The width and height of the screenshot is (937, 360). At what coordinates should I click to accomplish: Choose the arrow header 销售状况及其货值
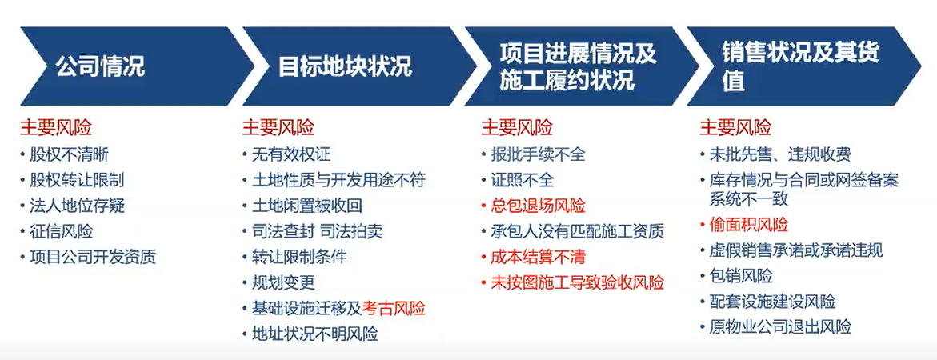(801, 66)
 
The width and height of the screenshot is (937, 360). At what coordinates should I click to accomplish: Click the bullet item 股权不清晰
(70, 154)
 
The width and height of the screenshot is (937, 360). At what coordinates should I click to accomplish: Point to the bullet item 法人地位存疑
(77, 206)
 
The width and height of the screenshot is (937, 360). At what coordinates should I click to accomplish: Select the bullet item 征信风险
(62, 231)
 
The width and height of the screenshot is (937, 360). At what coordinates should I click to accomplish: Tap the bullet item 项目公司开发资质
(93, 257)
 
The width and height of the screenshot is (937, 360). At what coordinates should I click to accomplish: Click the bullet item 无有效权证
(291, 154)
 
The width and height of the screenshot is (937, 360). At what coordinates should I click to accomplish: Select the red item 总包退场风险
(538, 206)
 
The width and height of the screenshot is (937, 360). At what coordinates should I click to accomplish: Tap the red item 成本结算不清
(538, 257)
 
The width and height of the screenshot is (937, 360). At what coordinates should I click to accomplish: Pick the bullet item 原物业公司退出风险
(780, 326)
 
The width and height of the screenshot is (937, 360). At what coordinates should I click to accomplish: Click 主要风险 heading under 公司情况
(56, 127)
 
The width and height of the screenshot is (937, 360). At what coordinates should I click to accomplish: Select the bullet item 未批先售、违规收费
(780, 154)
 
